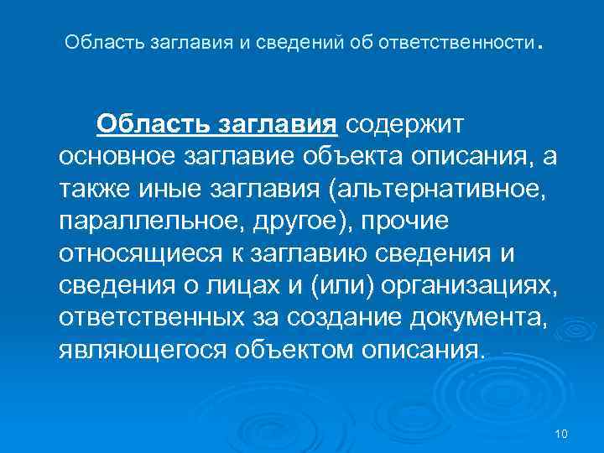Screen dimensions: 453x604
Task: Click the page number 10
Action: tap(562, 433)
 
